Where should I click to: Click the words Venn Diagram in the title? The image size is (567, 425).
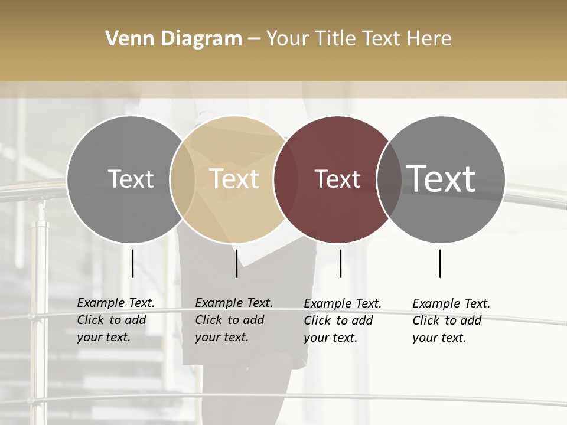174,39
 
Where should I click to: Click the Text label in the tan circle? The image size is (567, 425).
234,179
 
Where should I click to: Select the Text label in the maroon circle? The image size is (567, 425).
337,179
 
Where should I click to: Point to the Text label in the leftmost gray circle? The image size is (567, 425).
131,179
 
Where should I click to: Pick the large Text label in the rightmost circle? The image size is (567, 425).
441,178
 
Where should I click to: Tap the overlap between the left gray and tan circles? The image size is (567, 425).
183,179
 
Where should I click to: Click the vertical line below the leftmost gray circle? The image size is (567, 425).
132,263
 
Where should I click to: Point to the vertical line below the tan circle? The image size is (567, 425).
236,263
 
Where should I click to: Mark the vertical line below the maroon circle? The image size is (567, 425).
340,263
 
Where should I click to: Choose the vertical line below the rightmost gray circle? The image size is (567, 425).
439,263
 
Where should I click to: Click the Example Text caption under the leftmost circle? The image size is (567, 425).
116,320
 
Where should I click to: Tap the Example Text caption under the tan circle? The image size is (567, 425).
234,320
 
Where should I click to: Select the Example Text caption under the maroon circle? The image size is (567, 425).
343,321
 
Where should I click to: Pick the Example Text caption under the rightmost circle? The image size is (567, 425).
451,321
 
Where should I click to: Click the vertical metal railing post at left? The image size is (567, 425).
39,295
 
